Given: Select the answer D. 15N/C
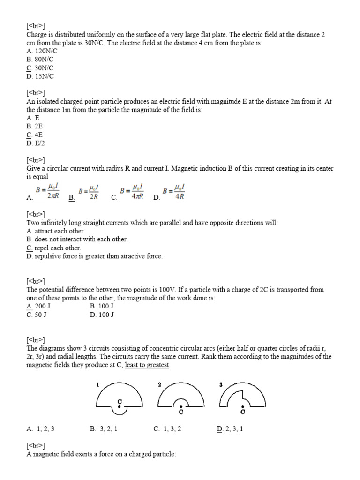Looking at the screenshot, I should pos(40,76).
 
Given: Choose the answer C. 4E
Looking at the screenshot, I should pos(35,135).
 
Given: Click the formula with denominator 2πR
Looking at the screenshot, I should pos(47,192).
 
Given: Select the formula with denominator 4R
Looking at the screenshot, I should pos(174,192).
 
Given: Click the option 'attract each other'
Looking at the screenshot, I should pos(55,231).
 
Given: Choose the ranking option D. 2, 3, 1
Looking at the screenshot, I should pos(230,428).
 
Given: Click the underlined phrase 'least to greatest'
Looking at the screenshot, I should pos(147,365).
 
